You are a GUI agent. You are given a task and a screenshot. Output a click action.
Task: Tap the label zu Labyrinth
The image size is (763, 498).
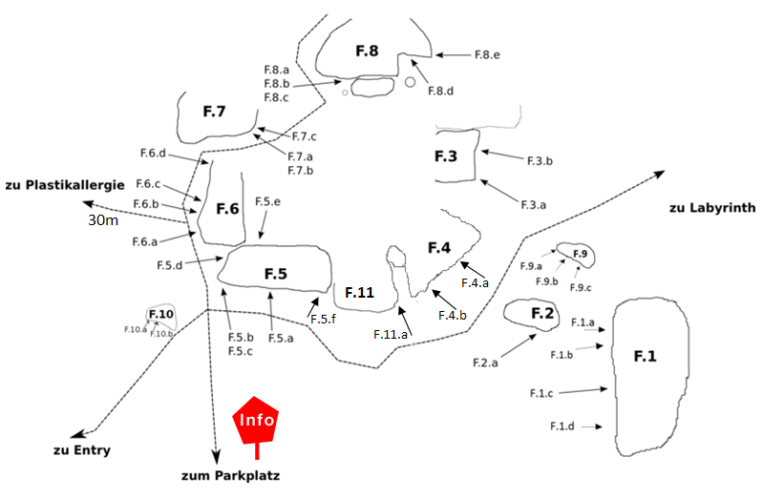[x=711, y=208]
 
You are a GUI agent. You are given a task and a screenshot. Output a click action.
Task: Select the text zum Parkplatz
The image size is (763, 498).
[x=231, y=476]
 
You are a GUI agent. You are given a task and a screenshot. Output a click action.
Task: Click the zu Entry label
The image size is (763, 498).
[x=82, y=450]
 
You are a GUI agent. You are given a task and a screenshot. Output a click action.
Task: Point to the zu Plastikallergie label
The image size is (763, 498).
[x=65, y=185]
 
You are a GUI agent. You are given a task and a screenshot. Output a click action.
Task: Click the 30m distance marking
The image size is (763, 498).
[x=103, y=220]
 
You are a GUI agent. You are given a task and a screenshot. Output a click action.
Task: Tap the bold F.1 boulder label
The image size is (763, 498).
[x=645, y=357]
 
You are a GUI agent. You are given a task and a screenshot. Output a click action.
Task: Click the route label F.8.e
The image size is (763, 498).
[x=487, y=55]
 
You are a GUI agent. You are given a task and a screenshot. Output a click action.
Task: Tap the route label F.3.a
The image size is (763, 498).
[x=533, y=205]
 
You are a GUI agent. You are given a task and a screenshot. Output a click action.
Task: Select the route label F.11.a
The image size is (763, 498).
[x=391, y=335]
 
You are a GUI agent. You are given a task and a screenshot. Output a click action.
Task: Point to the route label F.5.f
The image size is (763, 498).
[x=323, y=320]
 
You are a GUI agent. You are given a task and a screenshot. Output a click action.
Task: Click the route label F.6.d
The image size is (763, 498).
[x=153, y=154]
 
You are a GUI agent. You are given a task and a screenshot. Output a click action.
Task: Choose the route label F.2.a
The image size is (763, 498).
[x=485, y=363]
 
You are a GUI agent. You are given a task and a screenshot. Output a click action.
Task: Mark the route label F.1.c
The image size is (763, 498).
[x=541, y=393]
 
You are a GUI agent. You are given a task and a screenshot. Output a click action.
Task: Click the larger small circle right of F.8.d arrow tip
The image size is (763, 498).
[x=411, y=82]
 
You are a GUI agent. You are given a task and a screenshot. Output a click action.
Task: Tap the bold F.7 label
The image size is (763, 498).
[x=214, y=112]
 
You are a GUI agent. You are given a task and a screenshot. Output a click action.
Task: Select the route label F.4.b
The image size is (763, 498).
[x=452, y=316]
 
